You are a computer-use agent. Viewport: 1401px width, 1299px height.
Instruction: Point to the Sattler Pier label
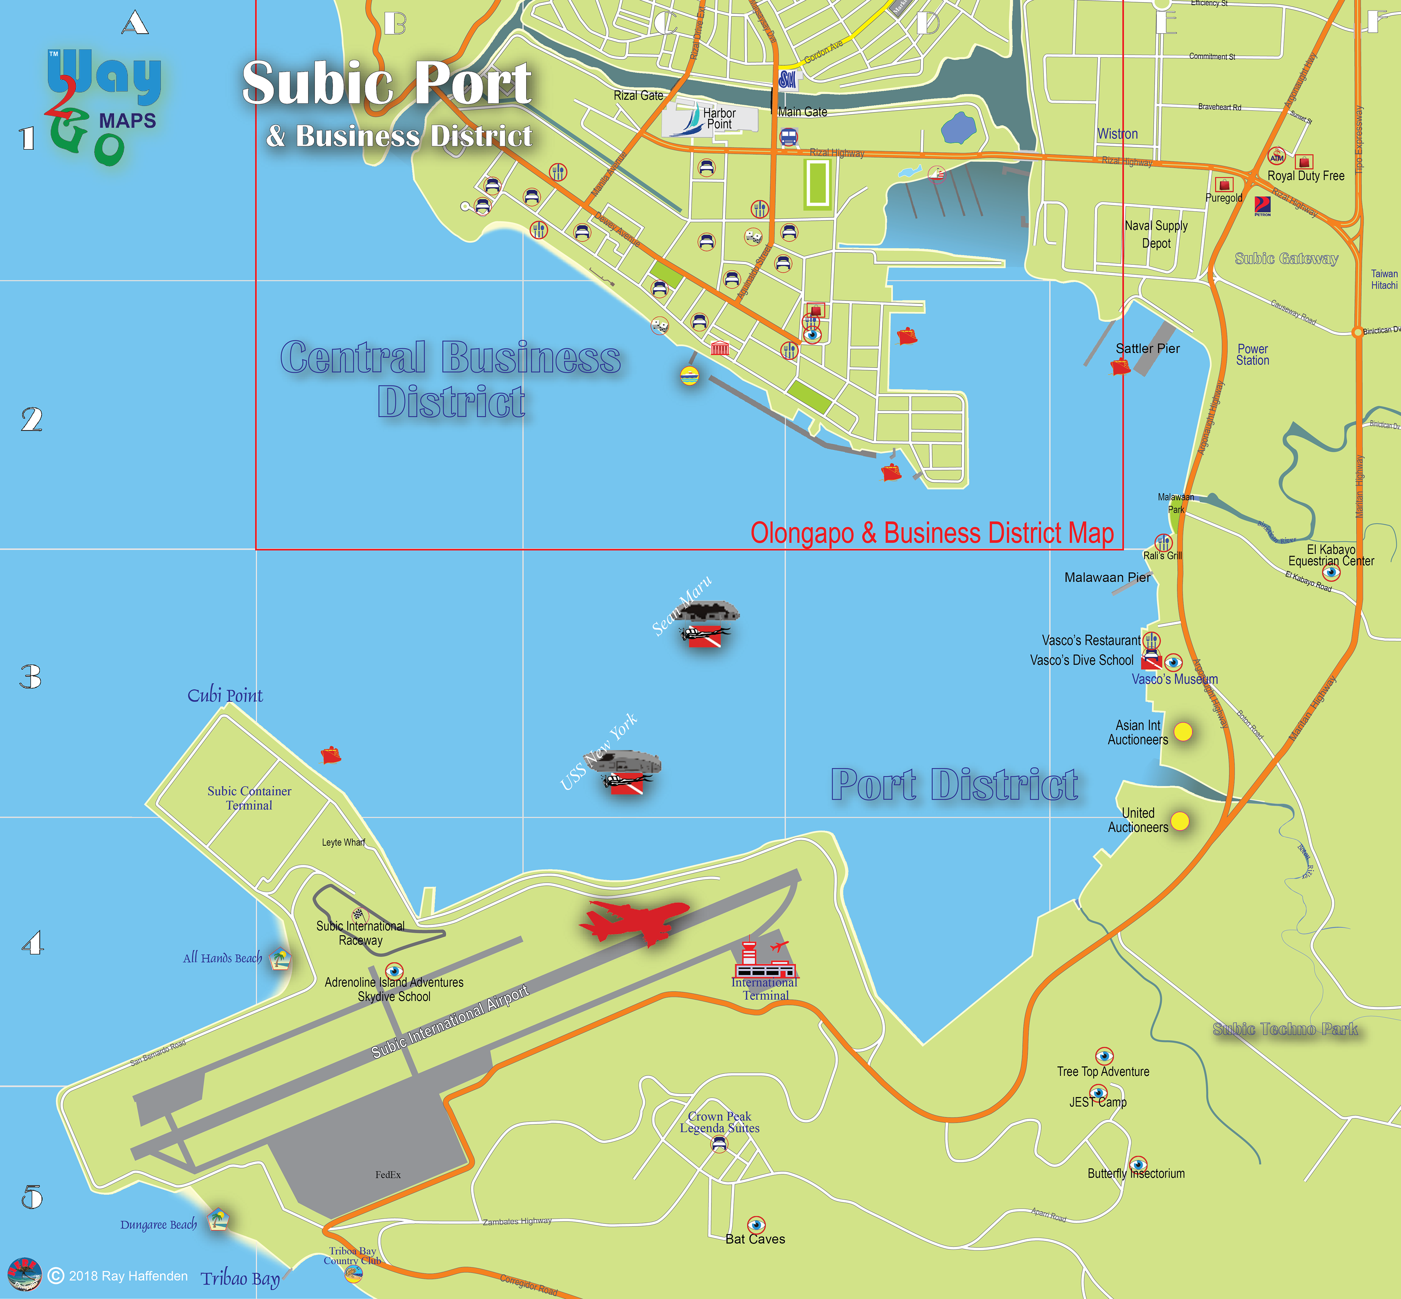tap(1147, 349)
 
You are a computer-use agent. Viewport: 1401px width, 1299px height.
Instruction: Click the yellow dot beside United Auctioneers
tap(1180, 821)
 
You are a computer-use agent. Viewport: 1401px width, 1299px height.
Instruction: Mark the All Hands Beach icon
tap(281, 958)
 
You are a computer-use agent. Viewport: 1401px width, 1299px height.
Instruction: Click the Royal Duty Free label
tap(1305, 176)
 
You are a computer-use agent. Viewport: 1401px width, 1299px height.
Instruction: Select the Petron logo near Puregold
tap(1262, 205)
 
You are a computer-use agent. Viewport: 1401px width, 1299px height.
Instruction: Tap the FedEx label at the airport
tap(388, 1175)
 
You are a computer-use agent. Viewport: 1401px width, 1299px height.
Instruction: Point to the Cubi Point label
tap(225, 695)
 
